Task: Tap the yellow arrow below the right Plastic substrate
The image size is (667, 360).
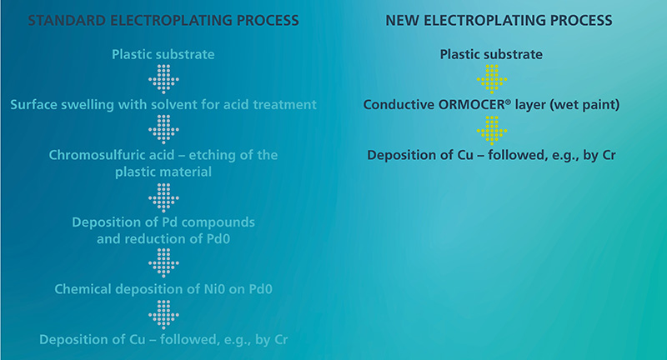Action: [x=492, y=79]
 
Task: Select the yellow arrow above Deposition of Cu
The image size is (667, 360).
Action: [x=492, y=130]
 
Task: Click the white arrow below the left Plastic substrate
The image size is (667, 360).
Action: [x=163, y=79]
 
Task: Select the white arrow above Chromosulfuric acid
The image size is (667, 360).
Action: [x=163, y=129]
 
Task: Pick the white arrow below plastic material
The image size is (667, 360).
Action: [x=163, y=197]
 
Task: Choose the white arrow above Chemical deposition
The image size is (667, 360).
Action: [x=163, y=263]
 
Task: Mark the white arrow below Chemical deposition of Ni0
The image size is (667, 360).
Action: [x=163, y=314]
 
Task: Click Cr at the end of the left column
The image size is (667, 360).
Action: [x=281, y=340]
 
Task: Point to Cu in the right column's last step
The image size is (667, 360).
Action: [x=465, y=155]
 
